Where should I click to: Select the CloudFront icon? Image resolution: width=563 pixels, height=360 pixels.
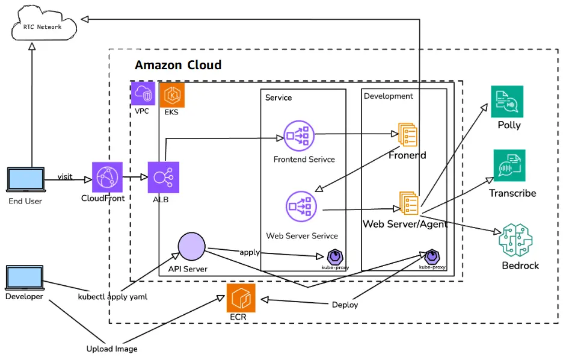pos(107,177)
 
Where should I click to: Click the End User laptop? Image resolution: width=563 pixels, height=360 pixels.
pos(25,181)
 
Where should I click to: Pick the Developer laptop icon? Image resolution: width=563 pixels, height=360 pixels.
pos(24,278)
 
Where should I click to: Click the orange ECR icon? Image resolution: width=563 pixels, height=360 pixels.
pos(241,297)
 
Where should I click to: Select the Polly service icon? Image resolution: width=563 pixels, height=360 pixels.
pos(507,102)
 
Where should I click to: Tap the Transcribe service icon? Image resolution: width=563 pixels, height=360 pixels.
pos(509,166)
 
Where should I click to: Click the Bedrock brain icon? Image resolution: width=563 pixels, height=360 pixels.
pos(516,240)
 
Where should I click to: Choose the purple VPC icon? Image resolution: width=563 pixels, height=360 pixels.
pos(143,94)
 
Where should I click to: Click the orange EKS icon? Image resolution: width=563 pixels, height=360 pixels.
pos(172,95)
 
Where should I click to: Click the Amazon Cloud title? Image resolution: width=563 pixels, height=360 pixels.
pos(178,65)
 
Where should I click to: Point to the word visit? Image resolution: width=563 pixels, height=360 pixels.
pos(65,176)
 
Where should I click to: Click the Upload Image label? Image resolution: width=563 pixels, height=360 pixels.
pos(112,349)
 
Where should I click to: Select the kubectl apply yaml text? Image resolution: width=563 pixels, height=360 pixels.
pos(113,297)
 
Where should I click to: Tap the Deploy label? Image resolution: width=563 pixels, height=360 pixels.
pos(345,305)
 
